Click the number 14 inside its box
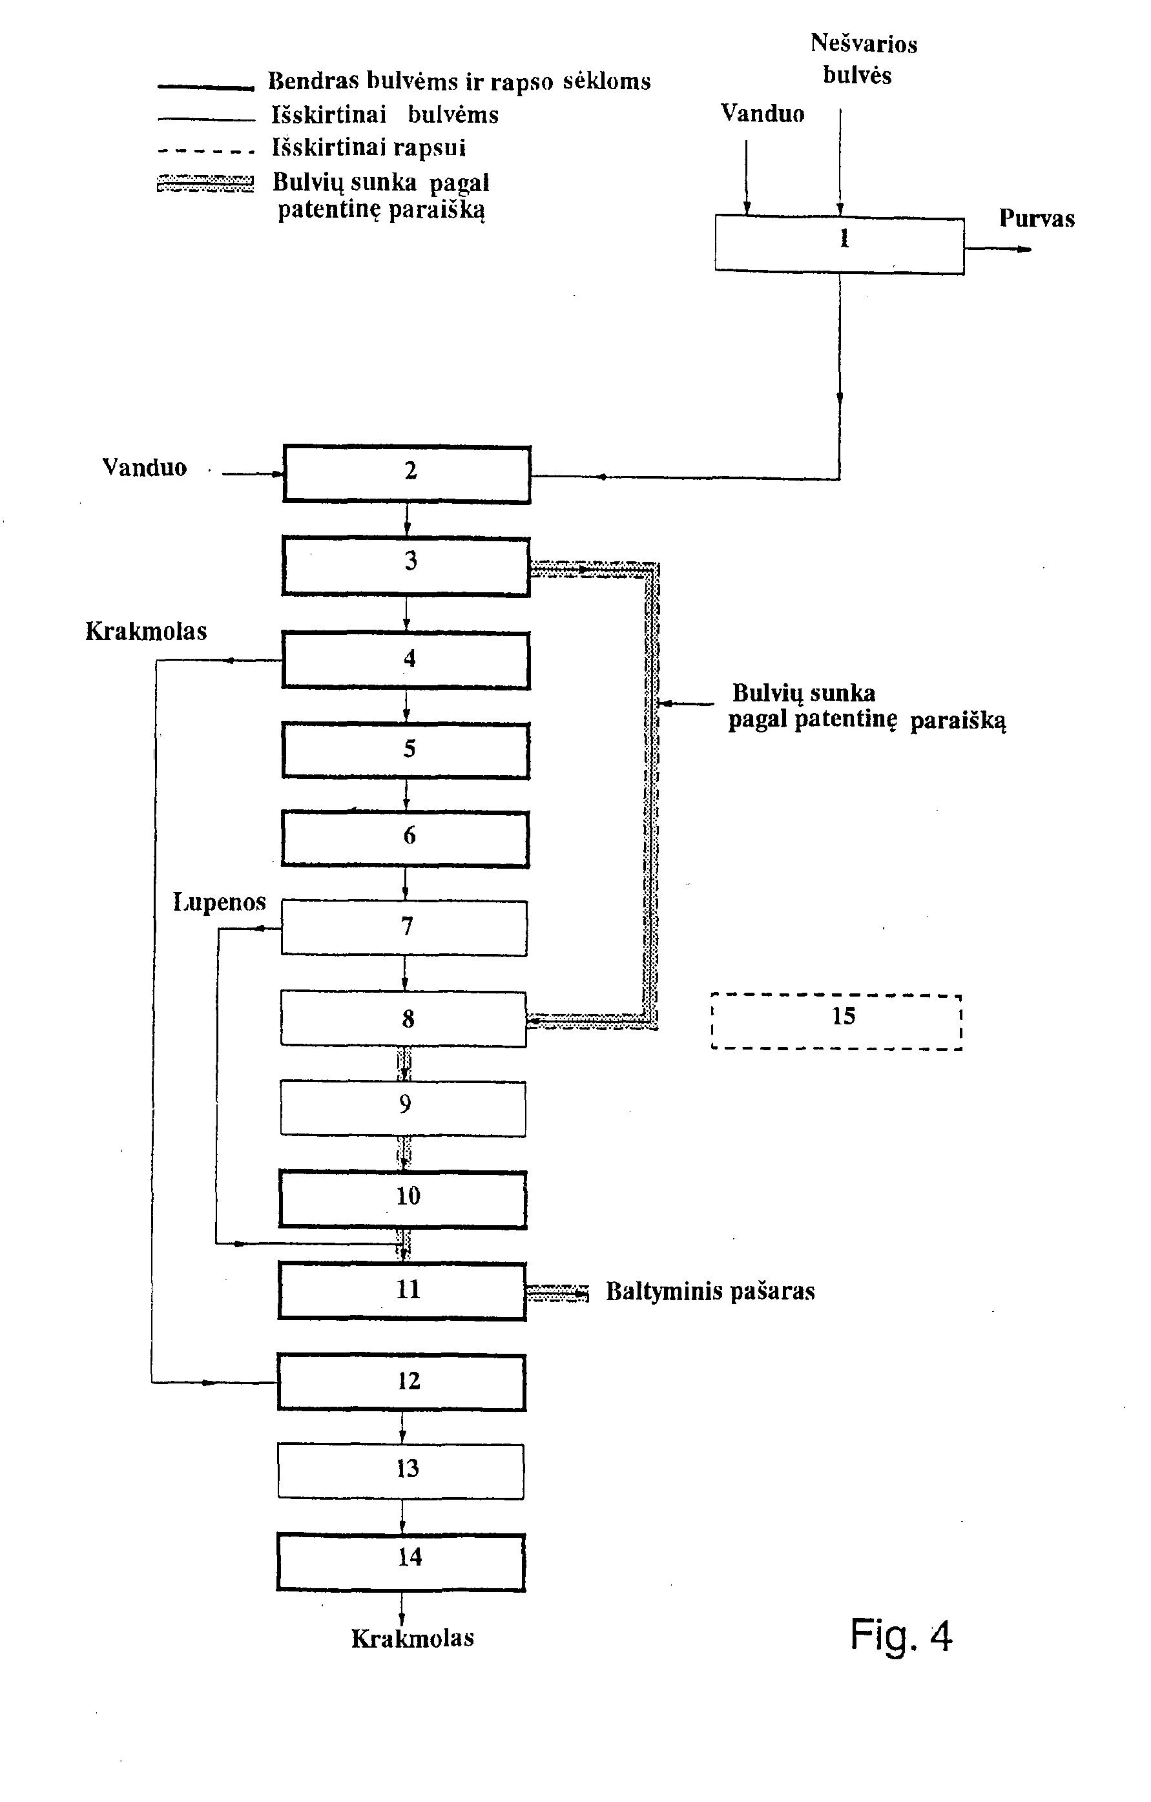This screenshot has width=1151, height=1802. pos(410,1557)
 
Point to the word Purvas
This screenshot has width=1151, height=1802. pos(1037,218)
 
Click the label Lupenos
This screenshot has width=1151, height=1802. pos(219,902)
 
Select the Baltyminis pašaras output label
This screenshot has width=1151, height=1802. pos(710,1292)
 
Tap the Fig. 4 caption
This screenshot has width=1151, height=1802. pos(901,1636)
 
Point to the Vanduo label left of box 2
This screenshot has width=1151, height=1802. pos(145,468)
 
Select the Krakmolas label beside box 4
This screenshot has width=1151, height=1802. pos(146,631)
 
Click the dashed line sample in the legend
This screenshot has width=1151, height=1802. pos(206,150)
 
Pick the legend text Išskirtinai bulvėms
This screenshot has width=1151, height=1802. pos(385,114)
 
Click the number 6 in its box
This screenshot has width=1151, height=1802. pos(410,835)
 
